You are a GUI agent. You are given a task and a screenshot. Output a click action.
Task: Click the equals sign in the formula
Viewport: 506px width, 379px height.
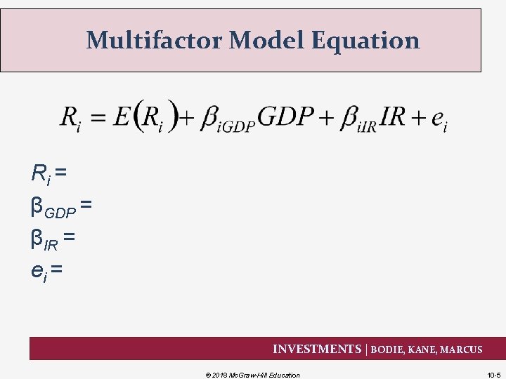coord(97,117)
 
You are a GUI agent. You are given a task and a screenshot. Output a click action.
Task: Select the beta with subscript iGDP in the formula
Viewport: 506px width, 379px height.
coord(228,119)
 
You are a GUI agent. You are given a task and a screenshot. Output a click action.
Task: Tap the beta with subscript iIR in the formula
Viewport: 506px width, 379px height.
coord(358,119)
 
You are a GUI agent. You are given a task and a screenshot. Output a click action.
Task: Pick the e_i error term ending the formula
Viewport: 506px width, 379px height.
coord(439,119)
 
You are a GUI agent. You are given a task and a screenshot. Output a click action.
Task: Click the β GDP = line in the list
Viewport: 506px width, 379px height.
coord(61,208)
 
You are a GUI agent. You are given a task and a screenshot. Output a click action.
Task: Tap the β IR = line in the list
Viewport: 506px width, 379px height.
coord(53,240)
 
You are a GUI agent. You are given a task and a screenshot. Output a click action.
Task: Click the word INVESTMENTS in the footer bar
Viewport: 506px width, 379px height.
coord(316,349)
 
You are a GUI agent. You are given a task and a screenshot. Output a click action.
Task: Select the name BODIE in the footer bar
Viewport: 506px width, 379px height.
coord(391,349)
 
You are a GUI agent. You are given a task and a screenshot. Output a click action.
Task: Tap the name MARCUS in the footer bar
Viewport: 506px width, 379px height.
coord(462,349)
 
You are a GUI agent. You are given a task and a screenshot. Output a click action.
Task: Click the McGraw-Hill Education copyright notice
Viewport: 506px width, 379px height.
coord(252,375)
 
